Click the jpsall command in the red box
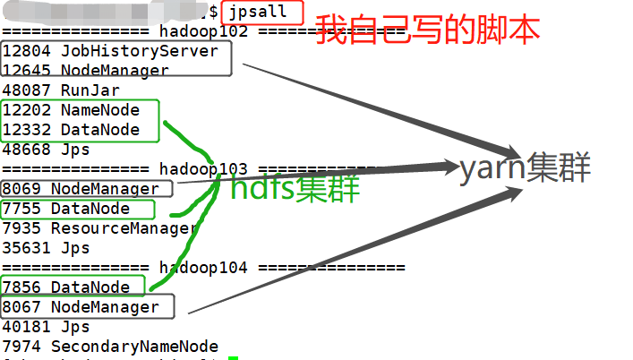click(261, 12)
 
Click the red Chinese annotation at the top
click(428, 30)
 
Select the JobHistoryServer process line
click(110, 51)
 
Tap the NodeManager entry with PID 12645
click(86, 71)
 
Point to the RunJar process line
click(61, 90)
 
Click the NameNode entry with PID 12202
click(72, 110)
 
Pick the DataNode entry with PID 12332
click(72, 130)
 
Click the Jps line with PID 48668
click(46, 150)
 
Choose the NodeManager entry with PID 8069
click(86, 189)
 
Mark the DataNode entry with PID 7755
click(66, 209)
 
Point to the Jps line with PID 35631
click(46, 248)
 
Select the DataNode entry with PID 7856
click(66, 287)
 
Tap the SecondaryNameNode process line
click(110, 347)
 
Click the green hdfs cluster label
click(295, 189)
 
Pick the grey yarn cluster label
click(525, 169)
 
